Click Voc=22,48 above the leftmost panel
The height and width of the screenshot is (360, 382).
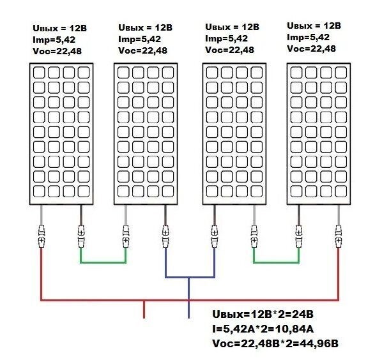point(57,51)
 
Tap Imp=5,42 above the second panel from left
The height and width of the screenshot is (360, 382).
point(139,39)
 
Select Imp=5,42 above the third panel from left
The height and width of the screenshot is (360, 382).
point(226,38)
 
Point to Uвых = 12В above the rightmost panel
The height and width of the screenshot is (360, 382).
point(314,26)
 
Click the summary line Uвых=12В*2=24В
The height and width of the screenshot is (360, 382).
point(263,314)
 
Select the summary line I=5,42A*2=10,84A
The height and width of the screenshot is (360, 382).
point(263,329)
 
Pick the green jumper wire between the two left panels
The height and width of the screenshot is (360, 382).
point(103,262)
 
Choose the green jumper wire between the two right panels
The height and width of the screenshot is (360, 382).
point(276,262)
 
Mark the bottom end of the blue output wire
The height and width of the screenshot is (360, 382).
point(189,318)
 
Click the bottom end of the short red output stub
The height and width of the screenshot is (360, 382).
point(144,318)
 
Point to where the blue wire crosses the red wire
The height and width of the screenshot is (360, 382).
point(189,300)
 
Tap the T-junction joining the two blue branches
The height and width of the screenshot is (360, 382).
point(189,277)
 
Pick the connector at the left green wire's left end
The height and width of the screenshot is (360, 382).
point(81,237)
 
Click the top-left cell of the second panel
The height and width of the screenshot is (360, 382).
point(123,73)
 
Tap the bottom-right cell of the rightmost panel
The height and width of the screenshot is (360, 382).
point(341,191)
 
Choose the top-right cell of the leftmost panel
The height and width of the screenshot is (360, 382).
point(84,73)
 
